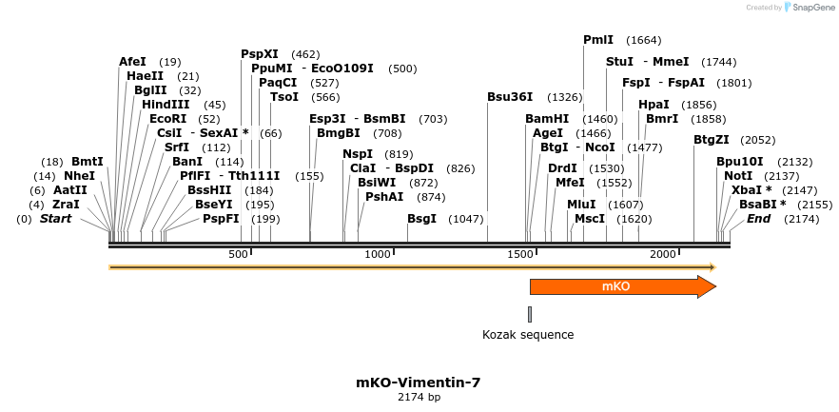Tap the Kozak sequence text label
pos(528,334)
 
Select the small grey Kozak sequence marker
pos(530,314)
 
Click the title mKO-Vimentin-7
pos(419,383)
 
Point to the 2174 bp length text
pos(419,398)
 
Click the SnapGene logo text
pos(813,8)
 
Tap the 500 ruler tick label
pos(239,254)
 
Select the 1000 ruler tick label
pos(379,254)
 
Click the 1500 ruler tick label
pos(520,254)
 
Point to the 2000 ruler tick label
pos(662,254)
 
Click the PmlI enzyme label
pos(598,40)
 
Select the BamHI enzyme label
pos(547,119)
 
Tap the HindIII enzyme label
pos(166,104)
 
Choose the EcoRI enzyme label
pos(168,119)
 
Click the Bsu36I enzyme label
pos(509,97)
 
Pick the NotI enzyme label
pos(738,176)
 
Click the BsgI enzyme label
pos(422,219)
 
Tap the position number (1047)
pos(466,219)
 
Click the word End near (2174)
pos(758,219)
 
